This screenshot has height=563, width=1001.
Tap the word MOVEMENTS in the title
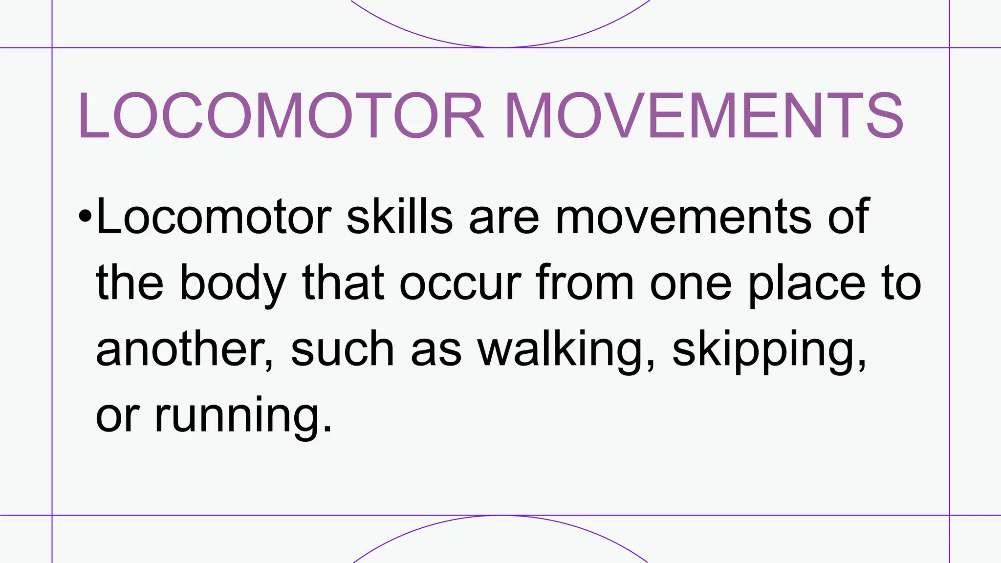704,117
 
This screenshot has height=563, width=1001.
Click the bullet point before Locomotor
85,216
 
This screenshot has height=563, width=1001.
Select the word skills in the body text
399,217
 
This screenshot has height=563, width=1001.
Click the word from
585,283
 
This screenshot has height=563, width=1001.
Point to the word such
342,349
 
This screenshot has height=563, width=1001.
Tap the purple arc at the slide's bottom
500,517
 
